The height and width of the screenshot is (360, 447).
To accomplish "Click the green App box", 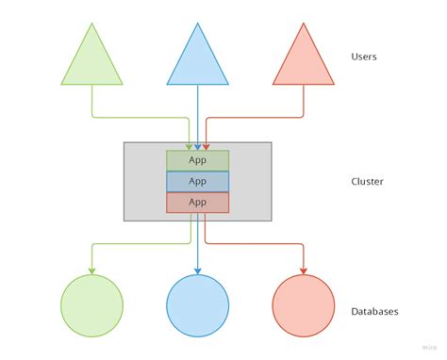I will coord(197,160).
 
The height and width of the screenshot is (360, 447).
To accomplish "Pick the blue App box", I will coord(197,181).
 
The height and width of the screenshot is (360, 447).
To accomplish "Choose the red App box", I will coord(197,202).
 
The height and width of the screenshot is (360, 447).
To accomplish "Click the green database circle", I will coord(91,306).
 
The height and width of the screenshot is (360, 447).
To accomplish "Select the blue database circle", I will coord(197,306).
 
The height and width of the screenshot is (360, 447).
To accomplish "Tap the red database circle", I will coord(304,306).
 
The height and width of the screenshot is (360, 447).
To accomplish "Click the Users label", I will coord(364,57).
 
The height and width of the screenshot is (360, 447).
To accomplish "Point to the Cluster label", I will coord(367,181).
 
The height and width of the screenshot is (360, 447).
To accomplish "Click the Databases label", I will coord(374,311).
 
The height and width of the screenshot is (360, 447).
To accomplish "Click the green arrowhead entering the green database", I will coord(91,271).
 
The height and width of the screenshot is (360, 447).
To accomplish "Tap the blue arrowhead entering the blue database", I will coord(197,271).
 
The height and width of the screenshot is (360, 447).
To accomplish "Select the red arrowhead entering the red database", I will coord(304,271).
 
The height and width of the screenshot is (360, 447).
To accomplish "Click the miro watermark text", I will coord(429,347).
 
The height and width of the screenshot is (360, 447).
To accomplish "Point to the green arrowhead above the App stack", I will coord(190,146).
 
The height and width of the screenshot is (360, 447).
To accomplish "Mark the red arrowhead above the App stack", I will coord(206,146).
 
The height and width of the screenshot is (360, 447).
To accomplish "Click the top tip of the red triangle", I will coord(304,24).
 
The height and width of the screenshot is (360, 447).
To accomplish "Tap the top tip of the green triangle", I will coord(91,24).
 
